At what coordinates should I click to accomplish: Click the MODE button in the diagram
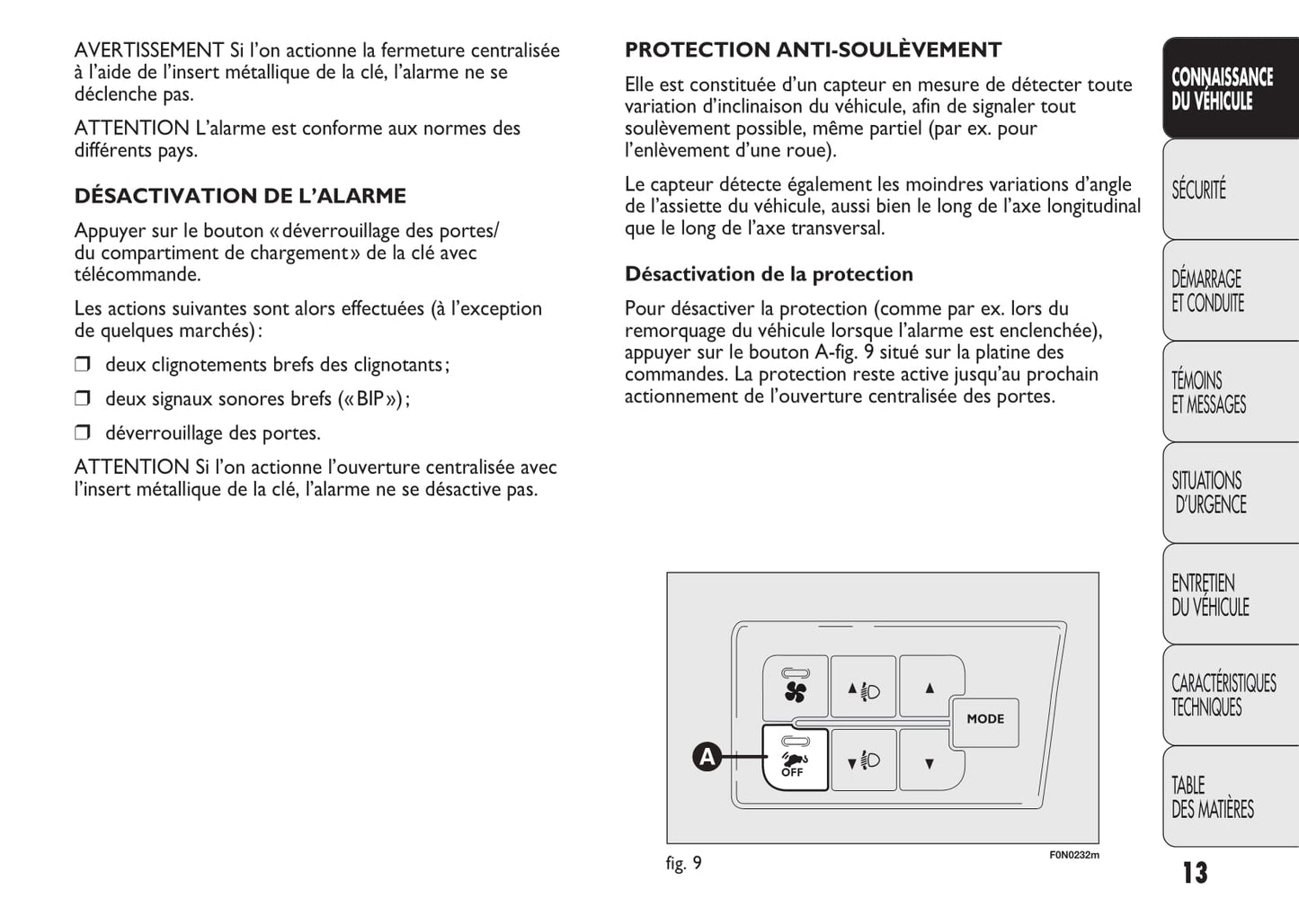point(985,720)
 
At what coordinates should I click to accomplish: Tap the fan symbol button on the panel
point(796,689)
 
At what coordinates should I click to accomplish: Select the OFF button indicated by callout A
point(795,759)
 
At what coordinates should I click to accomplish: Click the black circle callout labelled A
point(707,758)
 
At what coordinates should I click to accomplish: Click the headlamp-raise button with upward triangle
point(863,690)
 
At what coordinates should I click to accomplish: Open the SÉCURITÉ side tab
point(1229,190)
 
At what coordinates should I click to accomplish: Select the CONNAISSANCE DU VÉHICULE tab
point(1229,89)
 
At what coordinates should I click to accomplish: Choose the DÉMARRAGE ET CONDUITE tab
point(1229,291)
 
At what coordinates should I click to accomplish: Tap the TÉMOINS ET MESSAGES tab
point(1229,393)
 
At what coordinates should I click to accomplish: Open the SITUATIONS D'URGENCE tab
point(1229,493)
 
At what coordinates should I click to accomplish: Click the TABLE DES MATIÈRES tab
point(1229,797)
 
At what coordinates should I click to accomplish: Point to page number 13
point(1195,873)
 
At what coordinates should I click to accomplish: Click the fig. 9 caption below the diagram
point(683,864)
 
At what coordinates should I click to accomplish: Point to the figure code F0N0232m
point(1073,855)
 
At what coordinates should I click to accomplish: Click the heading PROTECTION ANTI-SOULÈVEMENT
point(813,50)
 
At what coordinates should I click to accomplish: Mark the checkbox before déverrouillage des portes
point(83,433)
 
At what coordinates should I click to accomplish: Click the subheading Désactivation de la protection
point(769,274)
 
